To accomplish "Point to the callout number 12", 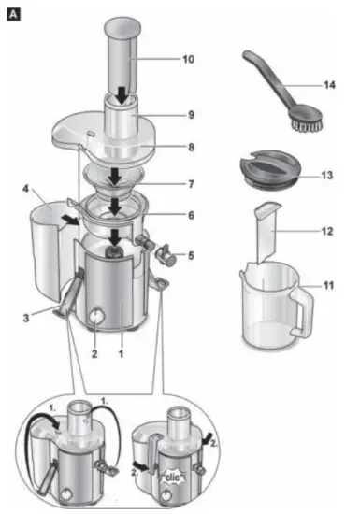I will coord(326,229).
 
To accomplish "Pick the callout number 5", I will coord(193,253).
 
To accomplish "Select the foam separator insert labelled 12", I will coord(269,234).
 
